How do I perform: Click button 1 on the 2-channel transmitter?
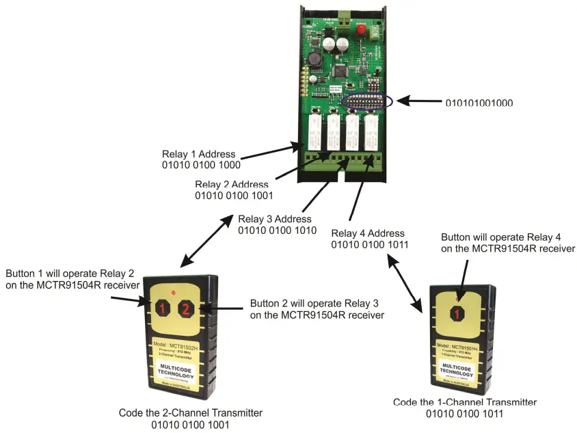coord(162,309)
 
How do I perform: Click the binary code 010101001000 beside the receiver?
coord(479,103)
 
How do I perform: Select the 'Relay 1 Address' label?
coord(199,154)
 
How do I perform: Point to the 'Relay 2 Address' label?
coord(232,185)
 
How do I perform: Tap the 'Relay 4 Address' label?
coord(368,233)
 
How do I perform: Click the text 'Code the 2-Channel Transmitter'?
coord(191,412)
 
